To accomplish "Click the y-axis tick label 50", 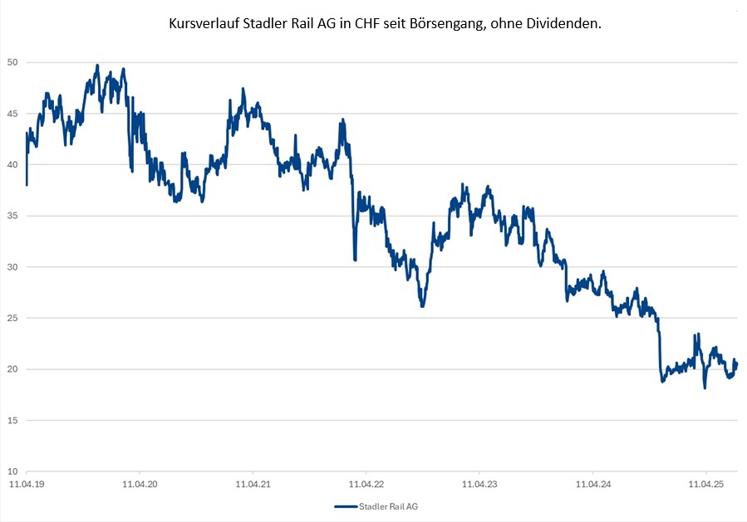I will [x=12, y=62].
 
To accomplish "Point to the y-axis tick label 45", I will [x=12, y=114].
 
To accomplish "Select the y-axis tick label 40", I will [x=12, y=164].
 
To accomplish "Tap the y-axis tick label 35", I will [x=12, y=216].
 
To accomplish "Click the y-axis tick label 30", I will [x=12, y=267].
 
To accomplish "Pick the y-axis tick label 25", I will [x=12, y=318].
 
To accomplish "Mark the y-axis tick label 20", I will [x=12, y=369].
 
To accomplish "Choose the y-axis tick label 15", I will [x=12, y=420].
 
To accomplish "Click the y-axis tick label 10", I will [x=12, y=471].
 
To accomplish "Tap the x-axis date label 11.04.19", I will [x=27, y=482].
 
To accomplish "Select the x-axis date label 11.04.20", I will [x=140, y=482].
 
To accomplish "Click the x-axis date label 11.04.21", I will [x=253, y=482].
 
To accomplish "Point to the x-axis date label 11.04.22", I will [x=366, y=482].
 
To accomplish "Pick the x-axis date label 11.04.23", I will [x=479, y=482].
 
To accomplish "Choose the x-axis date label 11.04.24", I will [x=592, y=482].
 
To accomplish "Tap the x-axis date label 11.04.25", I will [x=705, y=482].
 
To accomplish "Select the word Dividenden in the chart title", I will [x=565, y=25].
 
